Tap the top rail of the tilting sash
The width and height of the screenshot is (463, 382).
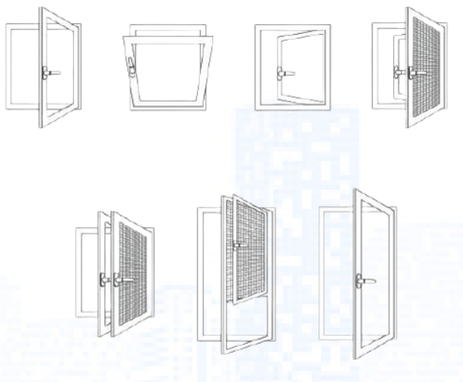[168, 39]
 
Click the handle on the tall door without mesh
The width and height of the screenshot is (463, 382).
[361, 280]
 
